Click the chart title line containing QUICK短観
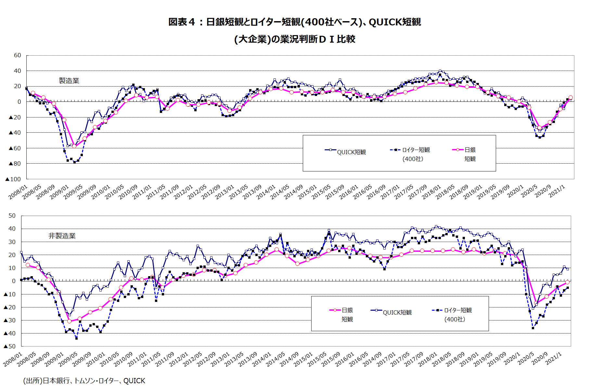click(294, 22)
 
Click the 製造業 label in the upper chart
click(69, 81)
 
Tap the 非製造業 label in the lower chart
click(62, 236)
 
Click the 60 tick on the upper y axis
click(18, 55)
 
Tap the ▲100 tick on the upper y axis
click(13, 179)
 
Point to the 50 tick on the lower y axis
click(12, 215)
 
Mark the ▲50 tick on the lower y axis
click(10, 346)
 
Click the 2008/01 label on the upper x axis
click(18, 192)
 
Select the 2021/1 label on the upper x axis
click(557, 191)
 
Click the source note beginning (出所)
click(84, 381)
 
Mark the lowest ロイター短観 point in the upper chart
click(74, 162)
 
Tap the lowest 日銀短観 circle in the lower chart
click(69, 321)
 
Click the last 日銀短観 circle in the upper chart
click(570, 98)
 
